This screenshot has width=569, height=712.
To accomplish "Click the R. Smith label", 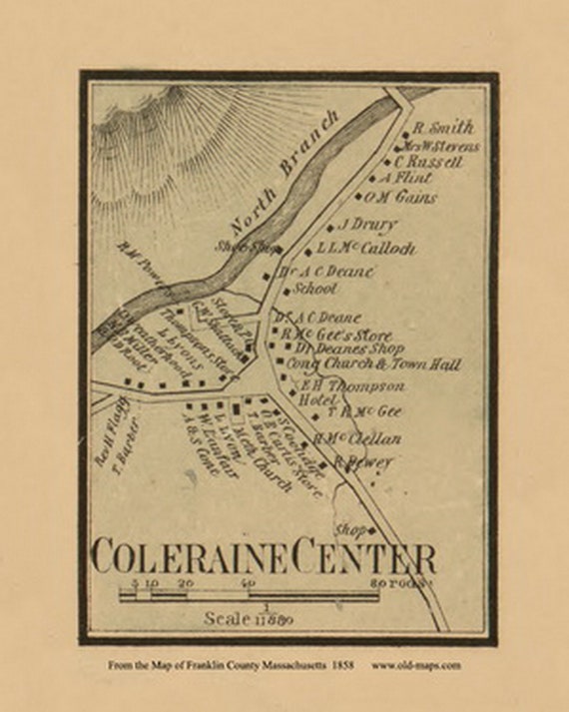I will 443,128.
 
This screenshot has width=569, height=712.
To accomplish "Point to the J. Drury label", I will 367,225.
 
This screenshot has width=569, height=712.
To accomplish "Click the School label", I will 315,289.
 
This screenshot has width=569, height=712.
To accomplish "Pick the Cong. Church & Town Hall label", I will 373,365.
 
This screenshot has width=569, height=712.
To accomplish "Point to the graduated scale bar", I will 250,596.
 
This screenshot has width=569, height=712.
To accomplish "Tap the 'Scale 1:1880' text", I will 248,618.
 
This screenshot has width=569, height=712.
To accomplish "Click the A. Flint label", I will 405,178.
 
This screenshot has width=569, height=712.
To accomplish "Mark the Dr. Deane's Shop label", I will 349,350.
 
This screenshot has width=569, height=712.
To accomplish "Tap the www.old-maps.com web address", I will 416,664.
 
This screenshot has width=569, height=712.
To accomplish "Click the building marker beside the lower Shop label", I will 370,529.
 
